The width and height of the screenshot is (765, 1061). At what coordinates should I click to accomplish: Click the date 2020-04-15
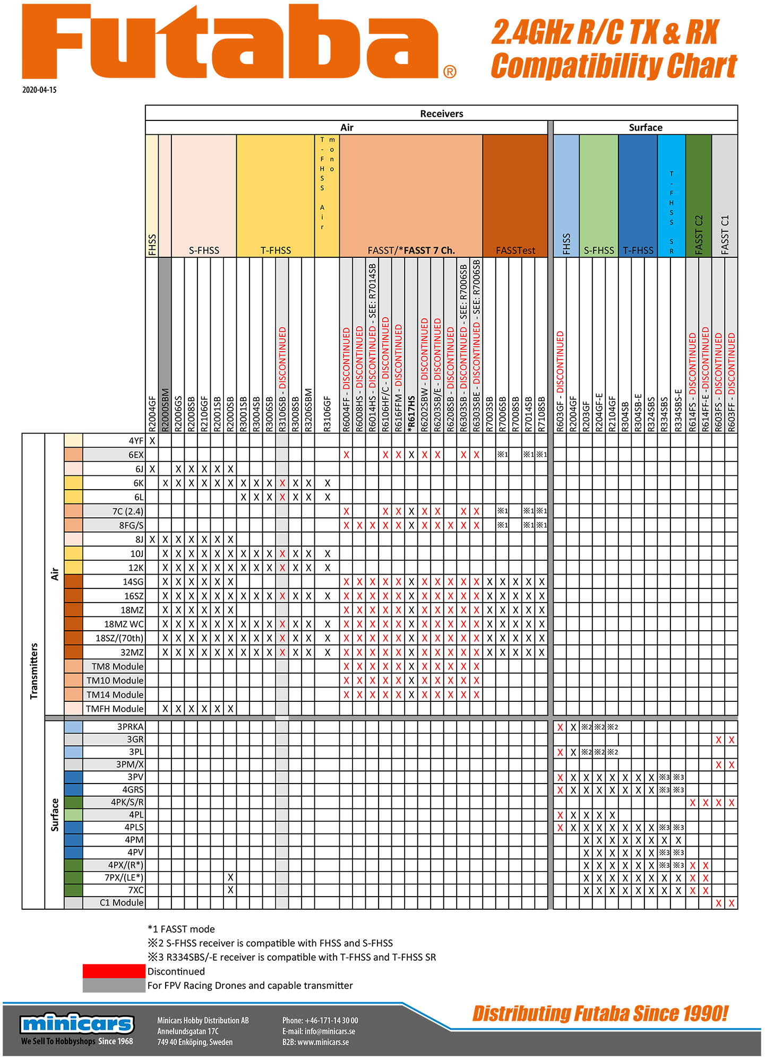click(x=39, y=90)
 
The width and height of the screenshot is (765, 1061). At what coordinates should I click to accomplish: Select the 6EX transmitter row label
click(x=136, y=455)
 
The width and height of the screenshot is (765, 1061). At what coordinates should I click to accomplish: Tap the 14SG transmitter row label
click(x=133, y=582)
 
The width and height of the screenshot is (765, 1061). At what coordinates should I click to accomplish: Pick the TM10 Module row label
click(x=115, y=681)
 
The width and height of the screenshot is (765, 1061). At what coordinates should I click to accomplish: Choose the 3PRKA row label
click(x=130, y=727)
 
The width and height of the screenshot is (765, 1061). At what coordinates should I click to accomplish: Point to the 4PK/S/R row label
click(x=127, y=802)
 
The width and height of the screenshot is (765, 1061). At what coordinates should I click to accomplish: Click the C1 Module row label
click(x=122, y=902)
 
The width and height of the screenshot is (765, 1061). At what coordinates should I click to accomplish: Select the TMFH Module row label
click(x=115, y=709)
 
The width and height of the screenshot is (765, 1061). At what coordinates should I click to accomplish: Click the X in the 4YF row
click(x=152, y=440)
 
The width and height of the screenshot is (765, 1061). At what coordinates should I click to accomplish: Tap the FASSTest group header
click(x=515, y=250)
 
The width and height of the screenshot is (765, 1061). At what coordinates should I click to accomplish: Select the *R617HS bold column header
click(x=411, y=414)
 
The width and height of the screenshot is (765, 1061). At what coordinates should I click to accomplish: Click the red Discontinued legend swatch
click(x=114, y=971)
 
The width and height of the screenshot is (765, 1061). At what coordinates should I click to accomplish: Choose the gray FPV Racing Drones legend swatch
click(x=114, y=986)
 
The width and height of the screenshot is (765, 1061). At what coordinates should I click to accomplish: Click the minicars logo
click(x=78, y=1024)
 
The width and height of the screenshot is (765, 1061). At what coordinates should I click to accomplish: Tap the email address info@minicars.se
click(x=319, y=1031)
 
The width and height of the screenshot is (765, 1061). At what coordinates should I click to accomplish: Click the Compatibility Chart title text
click(x=614, y=66)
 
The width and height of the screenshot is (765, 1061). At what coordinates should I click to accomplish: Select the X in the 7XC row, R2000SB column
click(x=230, y=890)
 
